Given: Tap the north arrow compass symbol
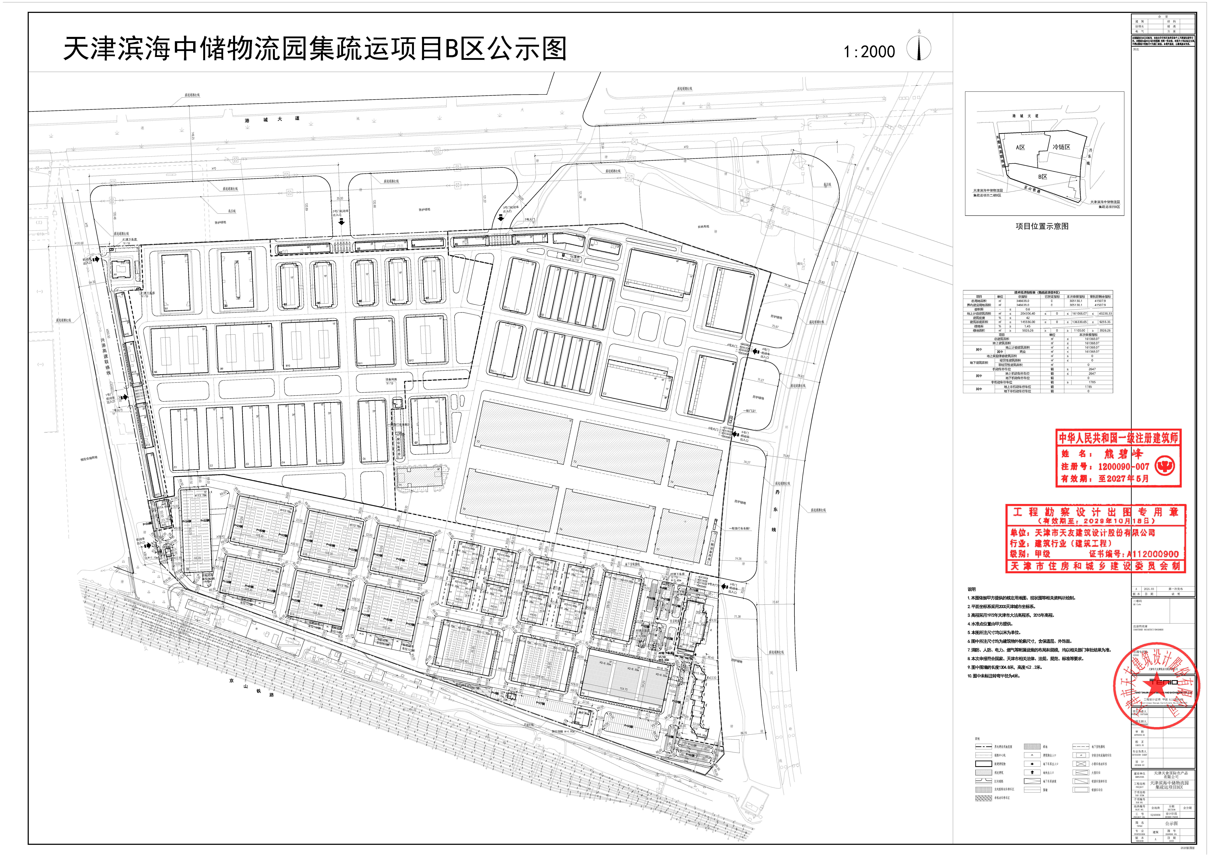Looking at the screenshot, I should coord(919,49).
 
